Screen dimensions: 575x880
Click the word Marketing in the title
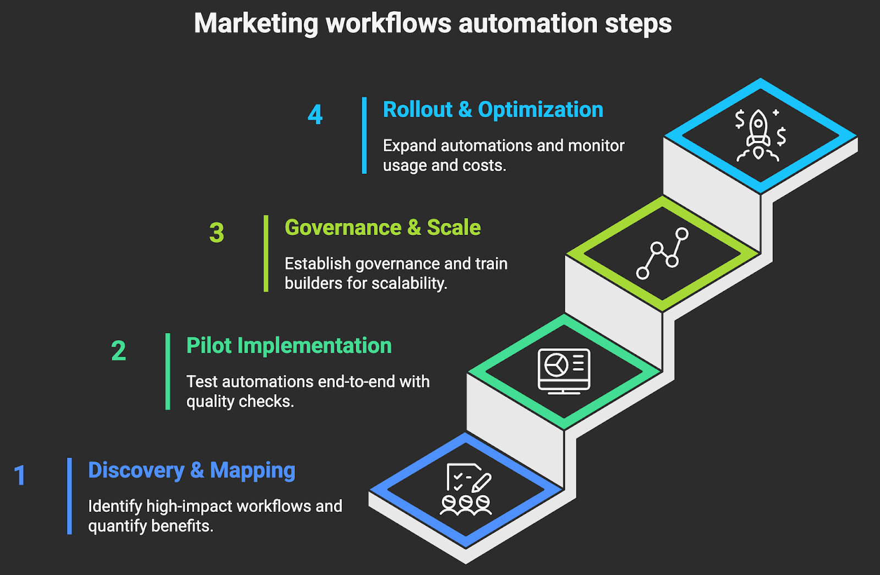click(256, 24)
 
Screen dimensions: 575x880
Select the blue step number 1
click(20, 476)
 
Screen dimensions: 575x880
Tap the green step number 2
click(118, 351)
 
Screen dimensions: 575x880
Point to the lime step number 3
click(217, 233)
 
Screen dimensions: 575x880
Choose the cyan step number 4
click(315, 114)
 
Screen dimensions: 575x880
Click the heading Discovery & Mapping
click(191, 470)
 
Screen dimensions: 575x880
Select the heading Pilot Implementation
click(289, 346)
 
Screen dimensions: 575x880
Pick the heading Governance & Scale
click(382, 228)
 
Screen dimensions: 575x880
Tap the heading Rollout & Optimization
click(493, 109)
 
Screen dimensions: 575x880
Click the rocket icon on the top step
click(759, 135)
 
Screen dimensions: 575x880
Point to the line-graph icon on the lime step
click(662, 253)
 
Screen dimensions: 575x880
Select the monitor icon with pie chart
click(564, 371)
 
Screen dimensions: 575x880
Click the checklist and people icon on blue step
click(466, 489)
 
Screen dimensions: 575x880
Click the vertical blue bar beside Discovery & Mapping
click(69, 496)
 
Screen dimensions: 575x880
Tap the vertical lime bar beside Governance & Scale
click(266, 253)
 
